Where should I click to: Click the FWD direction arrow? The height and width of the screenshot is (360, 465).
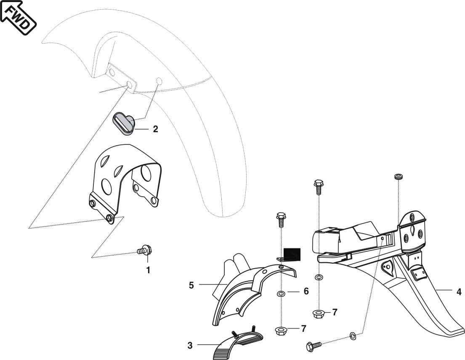(x=18, y=18)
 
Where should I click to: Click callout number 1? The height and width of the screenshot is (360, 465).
(x=148, y=270)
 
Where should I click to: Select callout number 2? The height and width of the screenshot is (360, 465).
(x=155, y=129)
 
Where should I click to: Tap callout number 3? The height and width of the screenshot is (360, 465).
(x=190, y=345)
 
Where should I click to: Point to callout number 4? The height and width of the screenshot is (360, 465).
(x=458, y=291)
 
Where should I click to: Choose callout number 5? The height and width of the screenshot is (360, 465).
(x=191, y=285)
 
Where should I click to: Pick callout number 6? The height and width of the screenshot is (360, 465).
(x=306, y=291)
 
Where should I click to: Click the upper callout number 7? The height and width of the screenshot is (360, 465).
(x=335, y=312)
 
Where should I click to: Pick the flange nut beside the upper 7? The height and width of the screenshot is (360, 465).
(x=319, y=313)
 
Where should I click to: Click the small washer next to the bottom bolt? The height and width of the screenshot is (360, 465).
(x=353, y=336)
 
